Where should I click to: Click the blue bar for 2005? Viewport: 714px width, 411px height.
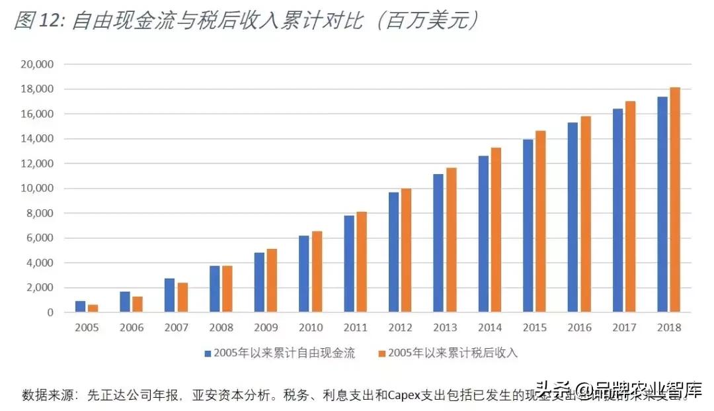(80, 306)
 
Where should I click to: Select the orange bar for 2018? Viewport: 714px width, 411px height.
(674, 199)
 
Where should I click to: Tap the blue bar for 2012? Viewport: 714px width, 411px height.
(393, 252)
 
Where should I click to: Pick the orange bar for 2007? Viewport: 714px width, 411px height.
(182, 297)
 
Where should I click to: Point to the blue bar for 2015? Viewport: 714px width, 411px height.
(528, 226)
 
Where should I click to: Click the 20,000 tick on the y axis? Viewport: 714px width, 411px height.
(37, 65)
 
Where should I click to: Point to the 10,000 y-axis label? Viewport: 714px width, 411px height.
(37, 189)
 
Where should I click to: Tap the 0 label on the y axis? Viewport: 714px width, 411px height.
(50, 312)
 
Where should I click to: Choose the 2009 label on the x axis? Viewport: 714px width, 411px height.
(265, 328)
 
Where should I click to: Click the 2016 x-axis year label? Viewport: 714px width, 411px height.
(578, 328)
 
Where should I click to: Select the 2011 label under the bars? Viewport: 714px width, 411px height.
(355, 328)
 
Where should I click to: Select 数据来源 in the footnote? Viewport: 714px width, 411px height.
(44, 395)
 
